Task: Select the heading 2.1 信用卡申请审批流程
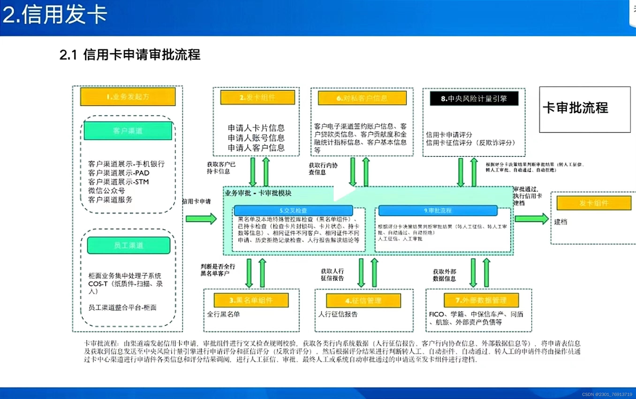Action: coord(130,55)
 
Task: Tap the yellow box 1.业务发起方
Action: coord(128,97)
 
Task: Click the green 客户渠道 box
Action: coord(128,131)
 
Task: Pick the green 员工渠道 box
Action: coord(129,246)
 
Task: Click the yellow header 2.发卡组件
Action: coord(258,98)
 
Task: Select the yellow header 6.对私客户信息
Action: coord(362,98)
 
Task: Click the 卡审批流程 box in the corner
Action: coord(585,109)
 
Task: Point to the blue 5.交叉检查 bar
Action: coord(293,211)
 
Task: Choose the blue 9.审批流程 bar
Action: coord(438,211)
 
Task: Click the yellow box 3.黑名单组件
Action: coord(251,300)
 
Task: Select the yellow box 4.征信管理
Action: coord(363,301)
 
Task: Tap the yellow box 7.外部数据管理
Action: coord(481,300)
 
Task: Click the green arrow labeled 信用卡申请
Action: coord(201,219)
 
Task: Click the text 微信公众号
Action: coord(106,191)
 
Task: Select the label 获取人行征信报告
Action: coord(332,274)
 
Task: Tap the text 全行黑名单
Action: coord(223,314)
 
